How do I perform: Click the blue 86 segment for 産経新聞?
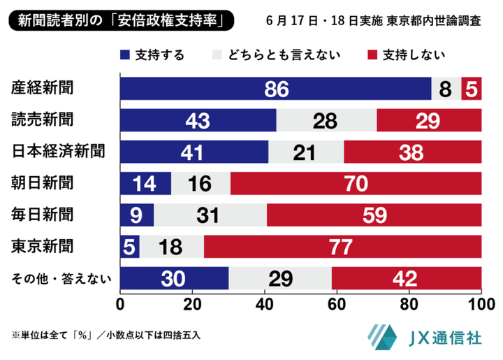(275, 89)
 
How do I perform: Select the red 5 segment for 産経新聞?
(472, 89)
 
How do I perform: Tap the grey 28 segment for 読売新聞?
(326, 120)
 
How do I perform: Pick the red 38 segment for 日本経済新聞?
(412, 151)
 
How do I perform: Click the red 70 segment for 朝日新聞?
(356, 183)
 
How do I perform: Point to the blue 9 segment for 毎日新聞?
(137, 215)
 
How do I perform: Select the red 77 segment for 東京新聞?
(342, 247)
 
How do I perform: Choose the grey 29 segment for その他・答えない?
(280, 278)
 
